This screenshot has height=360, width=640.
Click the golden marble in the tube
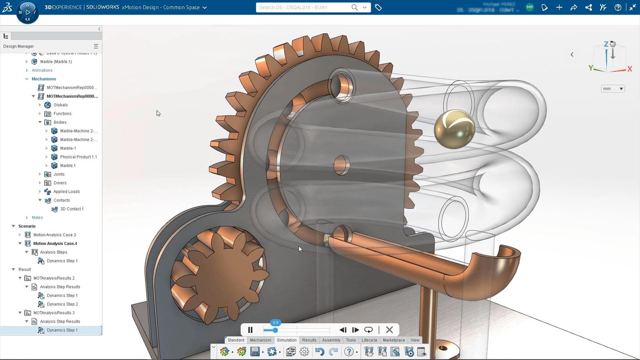coord(454,128)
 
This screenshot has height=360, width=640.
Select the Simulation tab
coord(287,340)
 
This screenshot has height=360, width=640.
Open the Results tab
coord(309,340)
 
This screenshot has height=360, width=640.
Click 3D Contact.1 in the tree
coord(72,209)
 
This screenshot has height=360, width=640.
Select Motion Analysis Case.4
coord(55,244)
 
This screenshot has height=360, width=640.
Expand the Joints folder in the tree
coord(40,174)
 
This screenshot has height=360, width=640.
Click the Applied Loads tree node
coord(66,191)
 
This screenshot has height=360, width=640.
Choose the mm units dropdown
coord(613,89)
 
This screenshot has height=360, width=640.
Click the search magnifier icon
coord(354,7)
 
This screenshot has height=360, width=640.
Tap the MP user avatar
coord(529,7)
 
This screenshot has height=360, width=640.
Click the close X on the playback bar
coord(389,330)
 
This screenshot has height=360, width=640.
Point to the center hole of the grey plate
coord(341,165)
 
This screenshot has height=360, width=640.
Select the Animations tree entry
coord(42,70)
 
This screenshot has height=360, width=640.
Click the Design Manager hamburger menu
coord(96,46)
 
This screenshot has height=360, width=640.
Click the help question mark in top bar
coord(618,7)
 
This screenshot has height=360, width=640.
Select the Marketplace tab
coord(394,340)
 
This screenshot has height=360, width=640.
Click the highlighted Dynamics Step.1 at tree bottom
coord(62,330)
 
